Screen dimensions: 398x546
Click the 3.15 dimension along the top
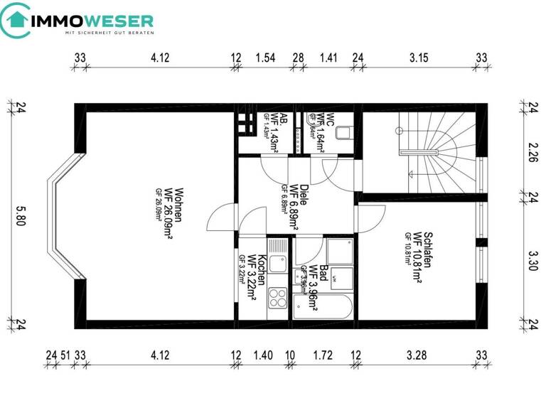(x=419, y=58)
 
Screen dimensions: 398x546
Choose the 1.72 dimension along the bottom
(x=323, y=355)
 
